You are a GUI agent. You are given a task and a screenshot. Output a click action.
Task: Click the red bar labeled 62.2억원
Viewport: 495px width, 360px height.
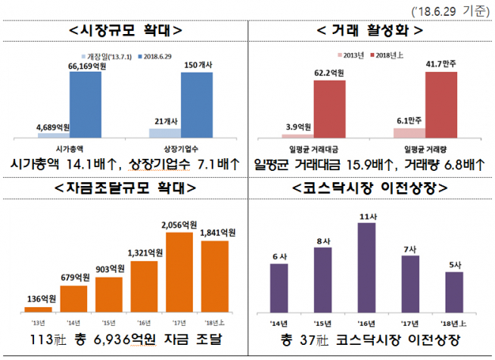point(329,108)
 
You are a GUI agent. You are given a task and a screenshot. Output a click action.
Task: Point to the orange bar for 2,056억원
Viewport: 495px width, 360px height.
point(179,272)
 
